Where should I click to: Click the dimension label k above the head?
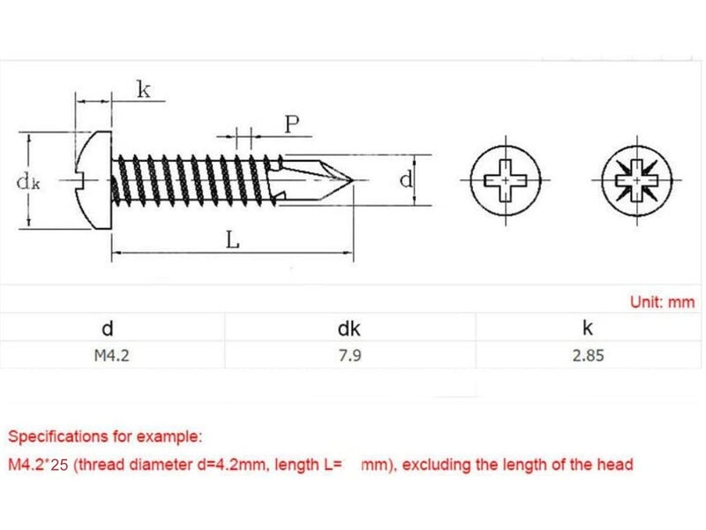[x=143, y=88]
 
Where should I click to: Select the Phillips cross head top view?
[x=504, y=180]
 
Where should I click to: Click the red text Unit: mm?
[x=663, y=302]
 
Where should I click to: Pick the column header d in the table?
[x=108, y=329]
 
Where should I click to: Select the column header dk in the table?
[x=349, y=329]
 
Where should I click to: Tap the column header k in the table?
[x=588, y=329]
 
